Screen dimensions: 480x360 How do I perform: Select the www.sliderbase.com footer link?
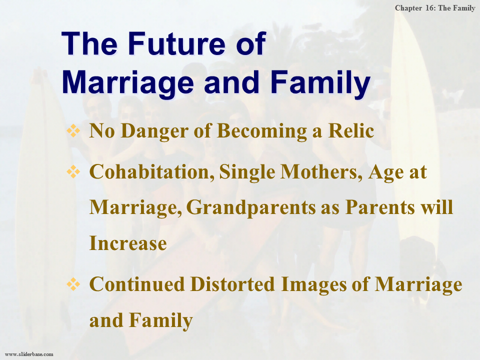(29, 354)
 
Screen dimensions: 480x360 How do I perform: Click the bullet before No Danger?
(73, 130)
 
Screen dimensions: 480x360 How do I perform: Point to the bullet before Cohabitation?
(73, 171)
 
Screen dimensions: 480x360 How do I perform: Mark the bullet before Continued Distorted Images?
(73, 284)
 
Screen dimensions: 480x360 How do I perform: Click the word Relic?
(351, 130)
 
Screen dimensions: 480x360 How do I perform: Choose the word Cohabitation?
(152, 171)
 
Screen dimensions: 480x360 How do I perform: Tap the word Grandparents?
(250, 208)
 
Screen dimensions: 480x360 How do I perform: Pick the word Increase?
(128, 243)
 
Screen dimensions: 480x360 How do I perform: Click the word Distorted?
(232, 284)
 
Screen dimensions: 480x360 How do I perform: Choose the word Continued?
(137, 284)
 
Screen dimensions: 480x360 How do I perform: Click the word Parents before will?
(380, 207)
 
